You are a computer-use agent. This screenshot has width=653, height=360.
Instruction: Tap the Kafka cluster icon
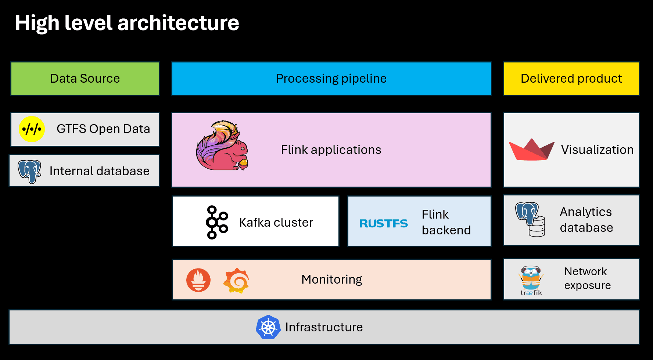tap(217, 222)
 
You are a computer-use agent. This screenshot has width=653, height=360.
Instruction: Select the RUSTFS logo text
tap(383, 223)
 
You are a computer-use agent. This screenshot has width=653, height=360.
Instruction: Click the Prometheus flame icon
tap(198, 280)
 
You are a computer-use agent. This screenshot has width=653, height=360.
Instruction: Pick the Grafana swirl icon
tap(236, 281)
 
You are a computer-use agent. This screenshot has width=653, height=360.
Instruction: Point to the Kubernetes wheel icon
tap(268, 327)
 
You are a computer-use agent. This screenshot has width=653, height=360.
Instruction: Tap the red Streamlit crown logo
tap(531, 150)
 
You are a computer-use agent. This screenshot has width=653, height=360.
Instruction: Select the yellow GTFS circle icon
tap(32, 129)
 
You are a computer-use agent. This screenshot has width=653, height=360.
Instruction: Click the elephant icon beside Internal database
tap(29, 171)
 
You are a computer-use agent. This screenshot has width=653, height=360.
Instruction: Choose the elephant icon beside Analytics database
tap(530, 219)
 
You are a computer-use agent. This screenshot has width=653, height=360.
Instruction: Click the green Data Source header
tap(85, 79)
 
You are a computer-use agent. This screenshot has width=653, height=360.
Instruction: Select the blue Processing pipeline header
tap(331, 79)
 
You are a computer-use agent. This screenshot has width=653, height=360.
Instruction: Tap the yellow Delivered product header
tap(571, 79)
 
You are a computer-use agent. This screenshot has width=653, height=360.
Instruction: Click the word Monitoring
tap(331, 280)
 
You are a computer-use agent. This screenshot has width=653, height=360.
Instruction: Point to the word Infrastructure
tap(324, 327)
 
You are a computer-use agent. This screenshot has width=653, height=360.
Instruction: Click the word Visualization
tap(597, 150)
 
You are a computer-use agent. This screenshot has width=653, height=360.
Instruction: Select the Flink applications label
tap(331, 150)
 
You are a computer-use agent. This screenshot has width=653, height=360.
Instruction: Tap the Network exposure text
tap(587, 278)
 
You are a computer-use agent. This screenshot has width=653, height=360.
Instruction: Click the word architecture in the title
tap(178, 23)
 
